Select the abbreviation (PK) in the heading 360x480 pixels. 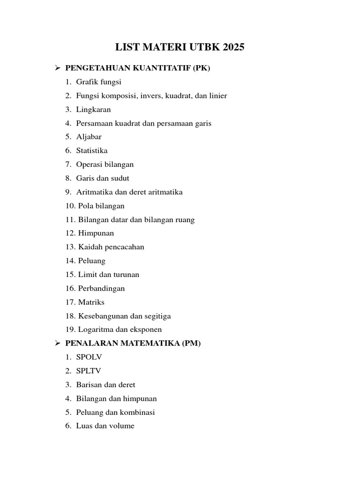point(202,68)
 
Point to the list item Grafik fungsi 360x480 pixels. point(98,82)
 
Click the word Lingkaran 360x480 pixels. point(93,110)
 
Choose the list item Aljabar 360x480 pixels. point(89,137)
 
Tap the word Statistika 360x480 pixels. point(92,150)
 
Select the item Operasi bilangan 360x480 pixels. point(105,165)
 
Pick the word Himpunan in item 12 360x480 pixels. point(96,233)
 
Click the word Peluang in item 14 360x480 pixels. point(92,261)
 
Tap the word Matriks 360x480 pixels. point(91,302)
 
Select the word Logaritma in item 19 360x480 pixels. point(94,330)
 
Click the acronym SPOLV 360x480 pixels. point(89,357)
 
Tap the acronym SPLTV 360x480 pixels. point(89,371)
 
